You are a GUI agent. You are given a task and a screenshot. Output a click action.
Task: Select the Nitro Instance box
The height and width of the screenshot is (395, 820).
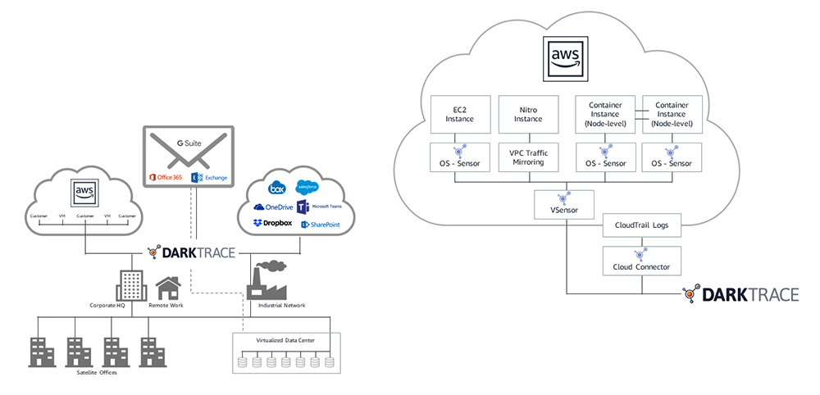click(x=527, y=114)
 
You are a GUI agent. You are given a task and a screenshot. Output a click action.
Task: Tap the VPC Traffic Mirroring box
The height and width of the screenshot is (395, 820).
click(x=527, y=157)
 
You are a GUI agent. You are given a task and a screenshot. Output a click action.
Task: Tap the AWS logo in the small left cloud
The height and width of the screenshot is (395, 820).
click(x=85, y=191)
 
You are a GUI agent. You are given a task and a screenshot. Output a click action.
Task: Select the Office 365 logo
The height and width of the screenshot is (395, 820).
click(x=164, y=178)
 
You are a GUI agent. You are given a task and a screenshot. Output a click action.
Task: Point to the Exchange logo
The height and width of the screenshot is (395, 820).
click(x=209, y=178)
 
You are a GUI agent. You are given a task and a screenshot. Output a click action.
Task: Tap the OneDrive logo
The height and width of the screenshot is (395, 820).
click(x=273, y=207)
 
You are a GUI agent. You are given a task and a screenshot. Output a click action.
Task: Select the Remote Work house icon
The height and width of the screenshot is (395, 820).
click(x=167, y=288)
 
